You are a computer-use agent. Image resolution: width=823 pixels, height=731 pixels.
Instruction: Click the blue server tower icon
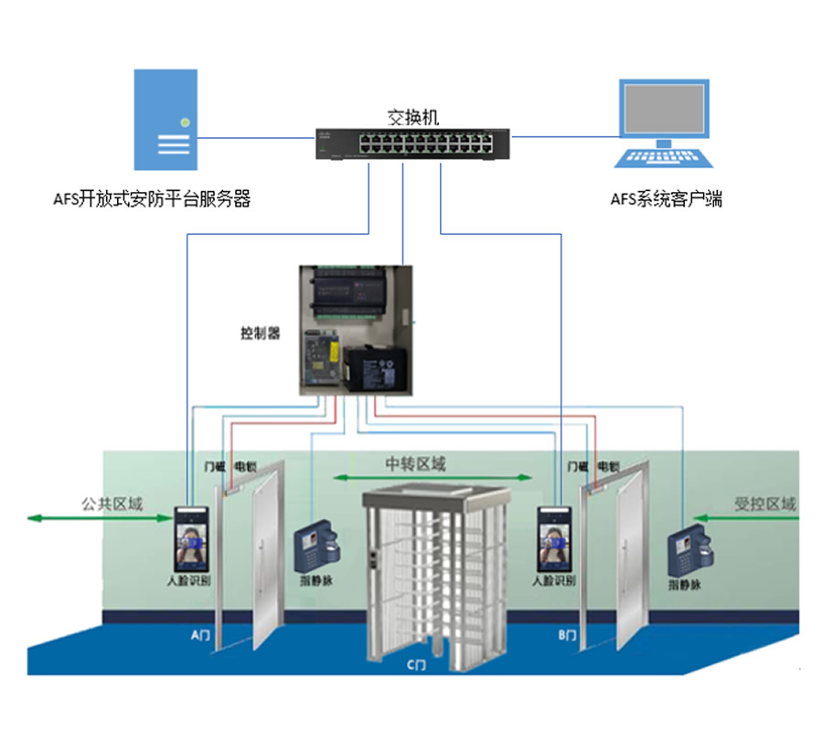pos(166,120)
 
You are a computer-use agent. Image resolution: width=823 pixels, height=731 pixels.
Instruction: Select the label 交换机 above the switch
pos(413,117)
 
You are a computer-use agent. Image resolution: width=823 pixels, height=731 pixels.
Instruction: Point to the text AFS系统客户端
pos(666,198)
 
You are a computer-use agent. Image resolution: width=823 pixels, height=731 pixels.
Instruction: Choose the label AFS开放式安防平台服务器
pos(152,198)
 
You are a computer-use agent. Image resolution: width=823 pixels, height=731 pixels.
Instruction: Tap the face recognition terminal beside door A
pos(191,541)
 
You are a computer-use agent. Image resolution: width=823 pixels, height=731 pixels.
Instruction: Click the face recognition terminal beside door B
pos(555,541)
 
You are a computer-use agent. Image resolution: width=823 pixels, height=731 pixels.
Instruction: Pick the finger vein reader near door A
pos(316,548)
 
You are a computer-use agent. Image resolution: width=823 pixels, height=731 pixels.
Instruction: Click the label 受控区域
pos(764,503)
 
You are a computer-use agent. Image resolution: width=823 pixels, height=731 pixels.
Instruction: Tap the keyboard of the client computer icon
pos(665,157)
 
